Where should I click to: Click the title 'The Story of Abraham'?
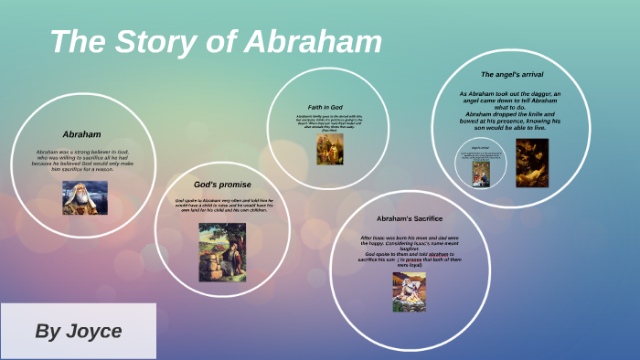pos(215,42)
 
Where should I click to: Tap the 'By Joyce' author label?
pos(78,331)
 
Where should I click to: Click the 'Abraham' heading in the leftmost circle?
pos(81,134)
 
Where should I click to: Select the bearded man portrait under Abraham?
pos(85,197)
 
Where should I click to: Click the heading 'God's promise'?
pos(222,184)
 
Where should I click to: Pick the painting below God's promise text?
pos(222,251)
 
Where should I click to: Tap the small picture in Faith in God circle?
pos(330,150)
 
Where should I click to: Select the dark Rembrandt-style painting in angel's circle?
pos(532,163)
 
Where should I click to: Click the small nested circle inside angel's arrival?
pos(481,164)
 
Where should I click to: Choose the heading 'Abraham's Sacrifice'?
pos(410,218)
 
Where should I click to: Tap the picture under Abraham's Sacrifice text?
pos(409,291)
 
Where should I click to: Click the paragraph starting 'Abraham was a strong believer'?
pos(85,159)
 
